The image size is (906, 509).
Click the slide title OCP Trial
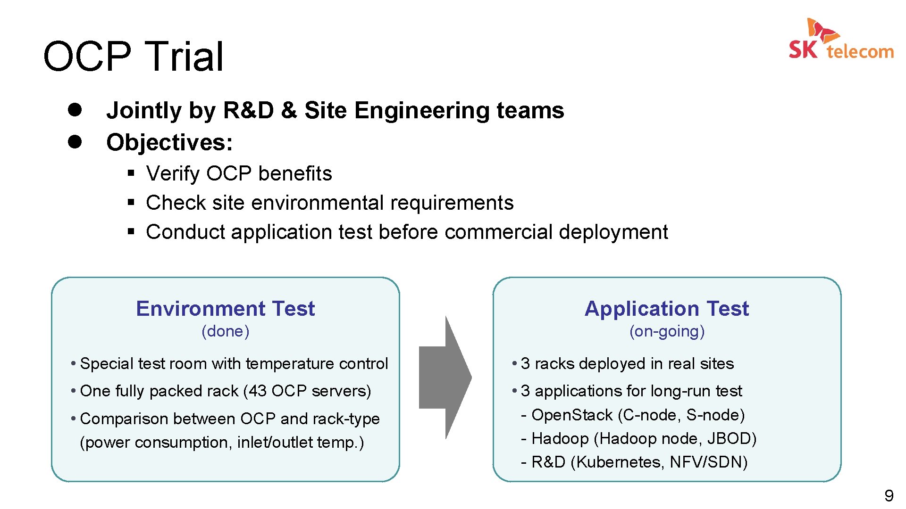click(133, 56)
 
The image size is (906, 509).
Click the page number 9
click(889, 496)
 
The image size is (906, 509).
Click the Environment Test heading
click(225, 309)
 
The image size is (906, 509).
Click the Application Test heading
click(666, 309)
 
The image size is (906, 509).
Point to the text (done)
click(225, 331)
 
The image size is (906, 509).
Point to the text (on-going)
click(667, 331)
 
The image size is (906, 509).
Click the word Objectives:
click(169, 142)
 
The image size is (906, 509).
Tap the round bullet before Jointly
click(75, 110)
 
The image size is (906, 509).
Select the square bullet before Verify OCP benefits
click(131, 173)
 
